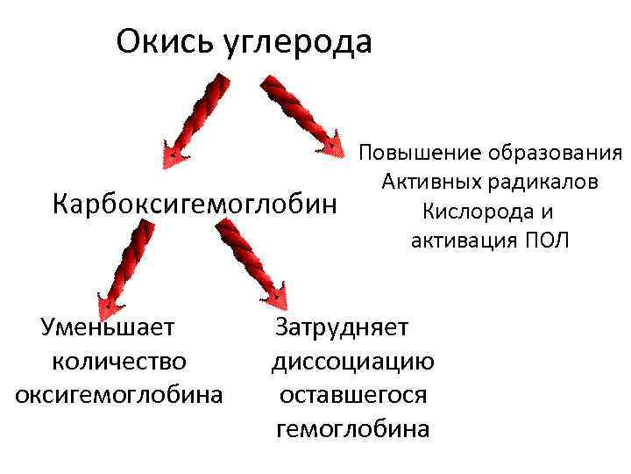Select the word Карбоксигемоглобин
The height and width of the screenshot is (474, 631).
pyautogui.click(x=195, y=205)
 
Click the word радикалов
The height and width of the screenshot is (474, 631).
pyautogui.click(x=545, y=182)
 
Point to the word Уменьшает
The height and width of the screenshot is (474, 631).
pyautogui.click(x=108, y=327)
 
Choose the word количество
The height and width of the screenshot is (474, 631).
pyautogui.click(x=119, y=361)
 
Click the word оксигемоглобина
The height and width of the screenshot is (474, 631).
pyautogui.click(x=119, y=394)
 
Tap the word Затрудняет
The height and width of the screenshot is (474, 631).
pyautogui.click(x=342, y=327)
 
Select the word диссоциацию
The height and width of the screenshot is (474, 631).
pyautogui.click(x=352, y=361)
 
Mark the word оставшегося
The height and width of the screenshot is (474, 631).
pyautogui.click(x=352, y=394)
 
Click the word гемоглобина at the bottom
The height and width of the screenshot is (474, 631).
pyautogui.click(x=352, y=428)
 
